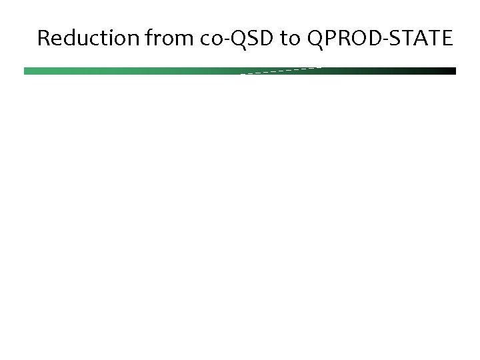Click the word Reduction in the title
(87, 39)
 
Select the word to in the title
(289, 39)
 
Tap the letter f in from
(148, 39)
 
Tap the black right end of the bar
(450, 71)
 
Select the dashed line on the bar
(280, 70)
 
